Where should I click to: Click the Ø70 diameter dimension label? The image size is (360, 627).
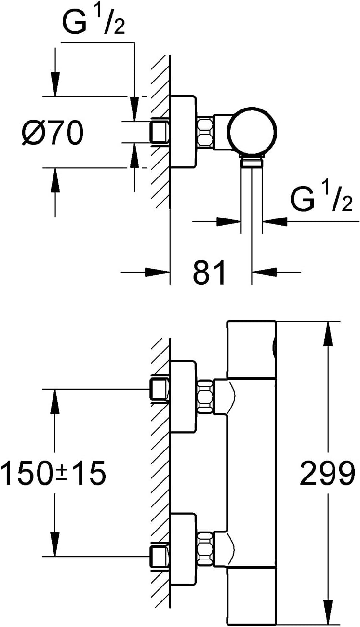click(x=53, y=133)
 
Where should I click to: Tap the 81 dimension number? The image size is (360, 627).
click(x=209, y=272)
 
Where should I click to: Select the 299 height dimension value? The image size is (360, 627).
click(x=327, y=473)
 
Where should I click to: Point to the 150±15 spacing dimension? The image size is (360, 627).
click(x=53, y=473)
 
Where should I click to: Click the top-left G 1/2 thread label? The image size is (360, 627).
click(x=93, y=22)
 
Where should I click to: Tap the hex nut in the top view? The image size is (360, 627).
click(x=205, y=132)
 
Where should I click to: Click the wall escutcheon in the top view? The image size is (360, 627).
click(x=183, y=132)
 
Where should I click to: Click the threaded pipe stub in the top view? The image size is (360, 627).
click(x=160, y=132)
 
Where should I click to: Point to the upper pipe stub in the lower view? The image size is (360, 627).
click(x=160, y=389)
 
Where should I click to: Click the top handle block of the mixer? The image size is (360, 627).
click(x=252, y=349)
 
